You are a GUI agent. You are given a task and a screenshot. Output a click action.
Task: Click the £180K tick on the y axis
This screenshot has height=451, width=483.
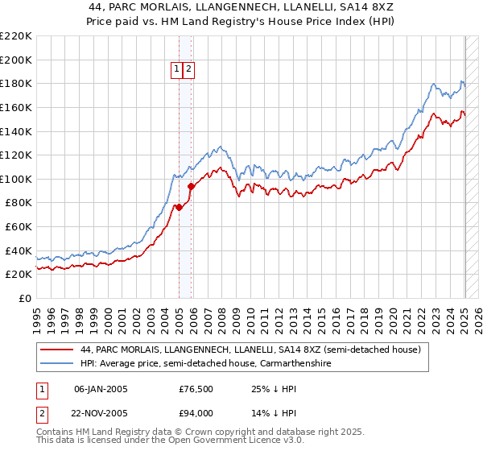(x=16, y=83)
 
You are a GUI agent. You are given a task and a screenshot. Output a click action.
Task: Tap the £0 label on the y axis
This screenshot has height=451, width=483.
(x=25, y=298)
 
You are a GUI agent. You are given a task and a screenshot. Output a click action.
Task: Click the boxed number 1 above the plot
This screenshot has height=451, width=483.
(x=176, y=69)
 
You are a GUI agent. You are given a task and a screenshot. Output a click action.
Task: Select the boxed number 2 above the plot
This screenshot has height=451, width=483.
(x=188, y=69)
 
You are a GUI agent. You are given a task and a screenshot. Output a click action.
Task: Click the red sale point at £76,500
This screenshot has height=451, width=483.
(x=179, y=207)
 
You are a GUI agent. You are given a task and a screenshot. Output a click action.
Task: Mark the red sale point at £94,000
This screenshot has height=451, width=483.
(x=192, y=186)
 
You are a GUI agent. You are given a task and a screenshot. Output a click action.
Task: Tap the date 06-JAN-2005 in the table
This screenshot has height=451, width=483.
(x=101, y=390)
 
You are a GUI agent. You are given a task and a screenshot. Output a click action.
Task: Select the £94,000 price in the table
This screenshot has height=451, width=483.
(x=196, y=412)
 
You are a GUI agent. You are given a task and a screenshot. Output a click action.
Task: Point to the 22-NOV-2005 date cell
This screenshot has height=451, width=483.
(x=101, y=412)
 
